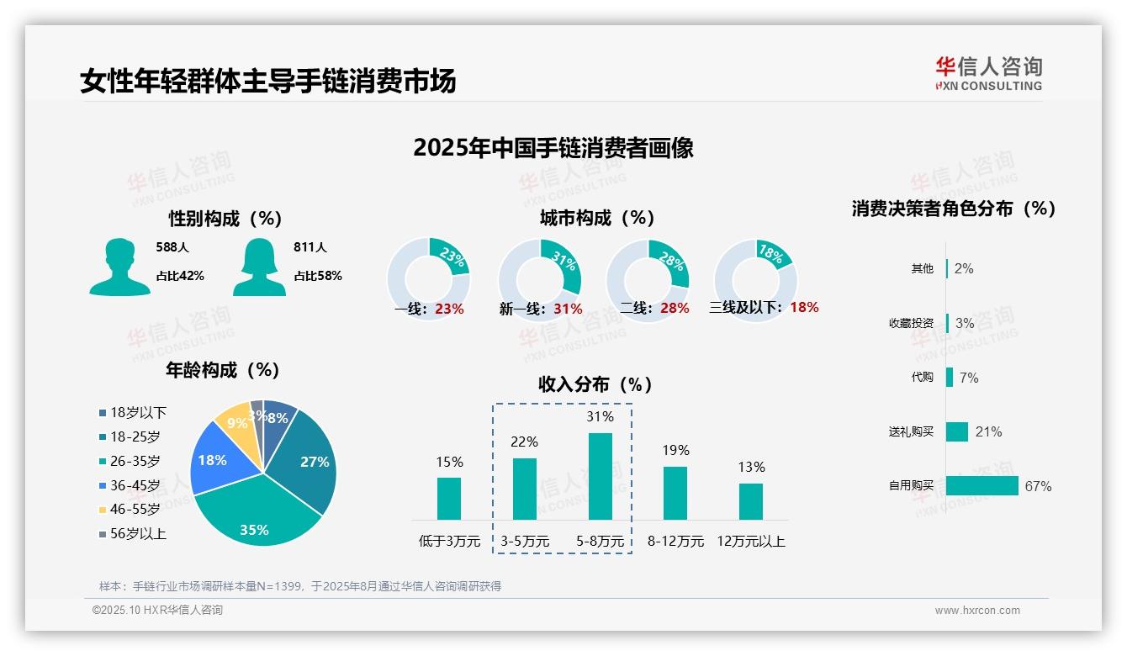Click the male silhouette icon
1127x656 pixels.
pyautogui.click(x=120, y=267)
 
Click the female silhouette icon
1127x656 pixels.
pyautogui.click(x=259, y=267)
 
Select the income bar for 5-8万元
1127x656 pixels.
pyautogui.click(x=601, y=476)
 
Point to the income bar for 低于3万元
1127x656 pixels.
pyautogui.click(x=449, y=499)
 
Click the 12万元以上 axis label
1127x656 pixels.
pyautogui.click(x=750, y=542)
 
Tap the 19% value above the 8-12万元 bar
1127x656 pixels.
pyautogui.click(x=675, y=451)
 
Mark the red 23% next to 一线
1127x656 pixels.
pyautogui.click(x=449, y=309)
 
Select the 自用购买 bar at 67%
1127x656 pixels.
pyautogui.click(x=981, y=486)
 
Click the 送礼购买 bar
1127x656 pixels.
pyautogui.click(x=957, y=431)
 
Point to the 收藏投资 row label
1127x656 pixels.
pyautogui.click(x=911, y=324)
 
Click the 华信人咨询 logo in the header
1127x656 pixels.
pyautogui.click(x=988, y=73)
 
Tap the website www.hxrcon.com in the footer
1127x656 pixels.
pyautogui.click(x=977, y=611)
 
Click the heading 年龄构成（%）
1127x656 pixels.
pyautogui.click(x=223, y=370)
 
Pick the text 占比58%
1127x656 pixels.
pyautogui.click(x=318, y=276)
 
